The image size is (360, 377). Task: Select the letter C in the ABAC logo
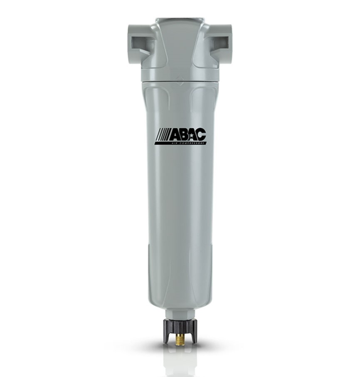[x=200, y=135]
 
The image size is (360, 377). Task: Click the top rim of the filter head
[x=180, y=19]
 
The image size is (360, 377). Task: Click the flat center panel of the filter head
[x=180, y=46]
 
